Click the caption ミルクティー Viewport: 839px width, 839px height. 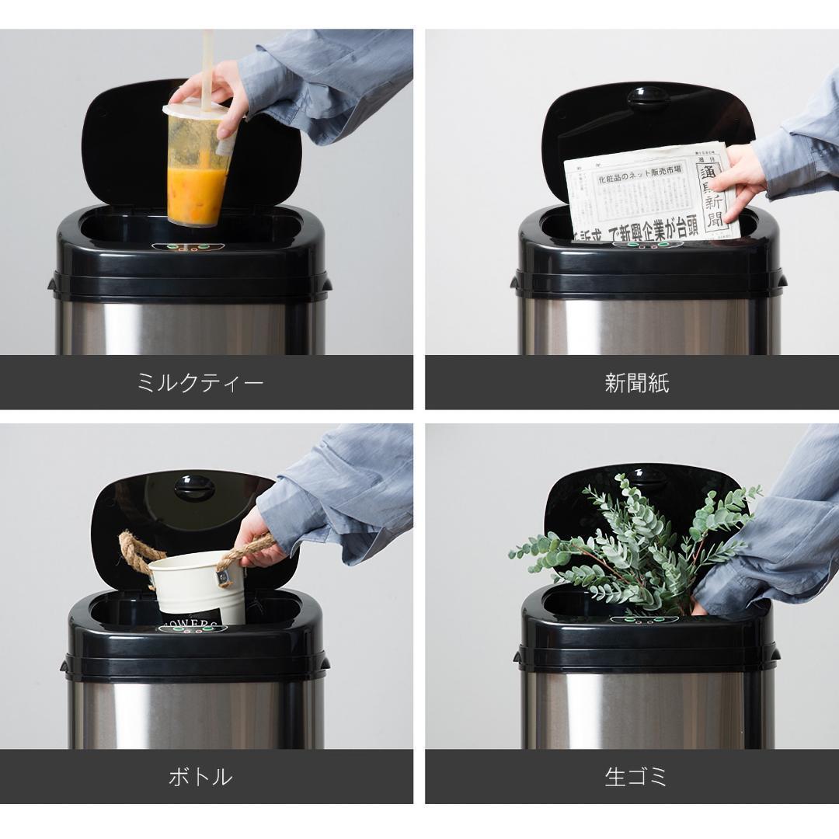[200, 383]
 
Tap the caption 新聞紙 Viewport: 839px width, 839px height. [636, 383]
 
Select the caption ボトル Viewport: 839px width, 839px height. [200, 776]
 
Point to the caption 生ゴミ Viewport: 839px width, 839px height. [636, 776]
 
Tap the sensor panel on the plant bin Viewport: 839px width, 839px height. [644, 620]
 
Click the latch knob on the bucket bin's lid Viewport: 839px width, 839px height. [194, 487]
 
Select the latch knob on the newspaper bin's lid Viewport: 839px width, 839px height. [648, 96]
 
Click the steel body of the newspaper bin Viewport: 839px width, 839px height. [645, 326]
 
